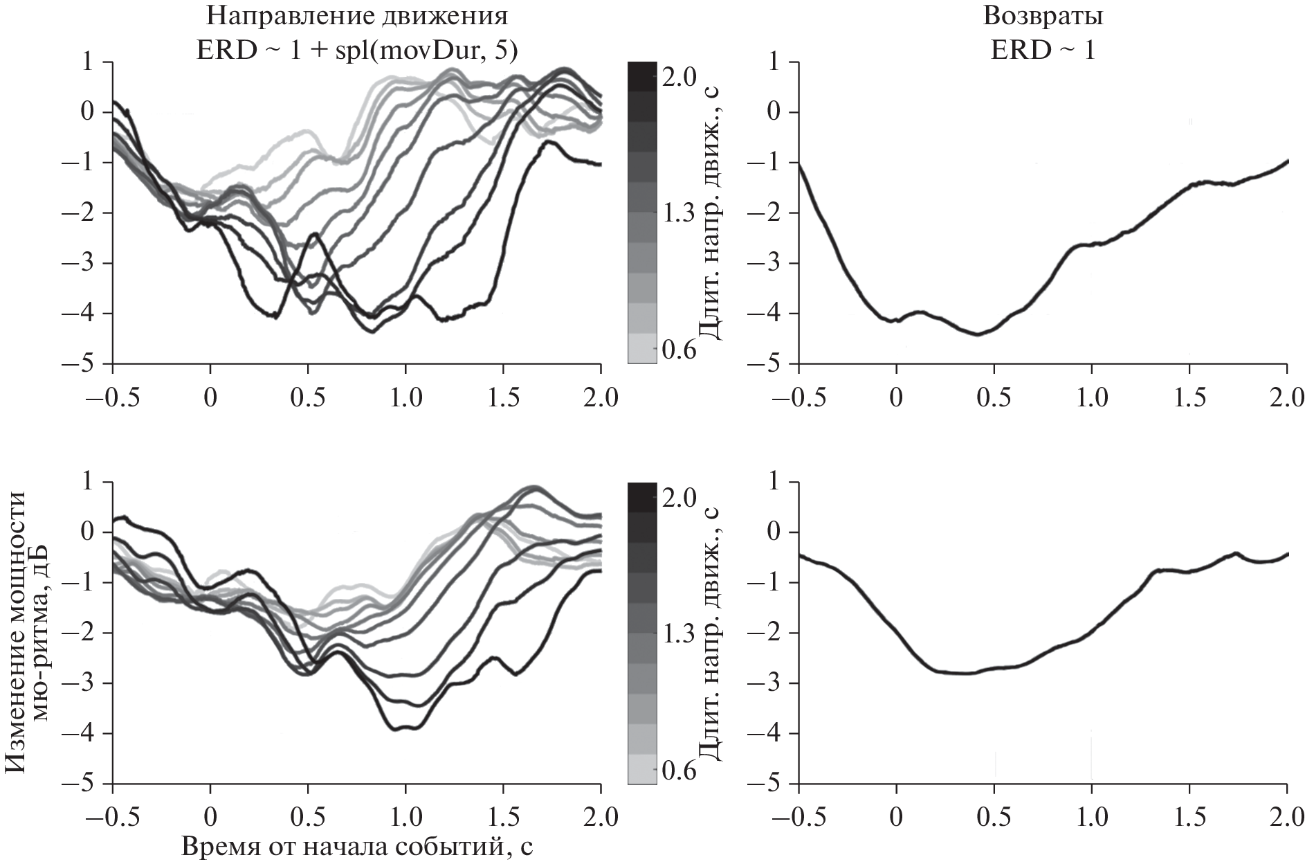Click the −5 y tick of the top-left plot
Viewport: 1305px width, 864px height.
click(82, 363)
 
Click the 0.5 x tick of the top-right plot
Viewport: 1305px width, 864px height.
click(994, 398)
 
